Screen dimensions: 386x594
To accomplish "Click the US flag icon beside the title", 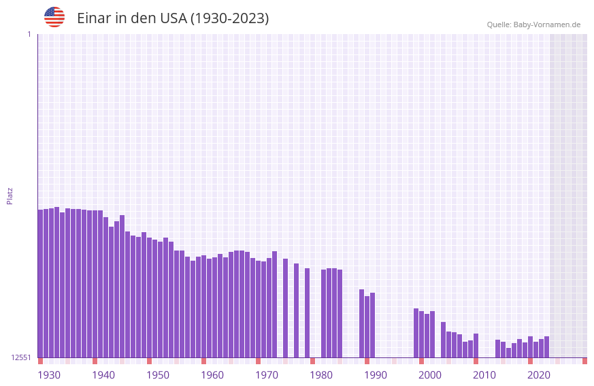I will pyautogui.click(x=54, y=17).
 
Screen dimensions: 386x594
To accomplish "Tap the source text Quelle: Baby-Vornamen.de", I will pyautogui.click(x=533, y=25).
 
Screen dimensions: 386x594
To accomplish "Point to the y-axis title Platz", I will pyautogui.click(x=10, y=195).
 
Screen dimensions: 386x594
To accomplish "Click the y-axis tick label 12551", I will pyautogui.click(x=21, y=357).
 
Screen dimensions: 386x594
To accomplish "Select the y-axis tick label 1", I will pyautogui.click(x=29, y=34).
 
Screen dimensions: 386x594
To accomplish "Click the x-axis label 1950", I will pyautogui.click(x=158, y=375).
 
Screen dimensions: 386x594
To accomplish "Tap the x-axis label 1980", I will pyautogui.click(x=321, y=375).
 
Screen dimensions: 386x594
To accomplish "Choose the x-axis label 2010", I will pyautogui.click(x=484, y=375).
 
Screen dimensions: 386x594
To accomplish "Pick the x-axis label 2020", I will pyautogui.click(x=539, y=375).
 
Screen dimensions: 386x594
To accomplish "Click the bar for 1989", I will pyautogui.click(x=361, y=323).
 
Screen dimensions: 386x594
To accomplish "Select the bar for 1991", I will pyautogui.click(x=372, y=325).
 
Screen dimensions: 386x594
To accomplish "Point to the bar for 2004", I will pyautogui.click(x=443, y=340).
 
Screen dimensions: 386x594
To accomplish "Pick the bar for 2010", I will pyautogui.click(x=476, y=345).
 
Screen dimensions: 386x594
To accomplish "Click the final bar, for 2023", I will pyautogui.click(x=546, y=347).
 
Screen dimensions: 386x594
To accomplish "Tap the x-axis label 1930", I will pyautogui.click(x=49, y=375).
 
